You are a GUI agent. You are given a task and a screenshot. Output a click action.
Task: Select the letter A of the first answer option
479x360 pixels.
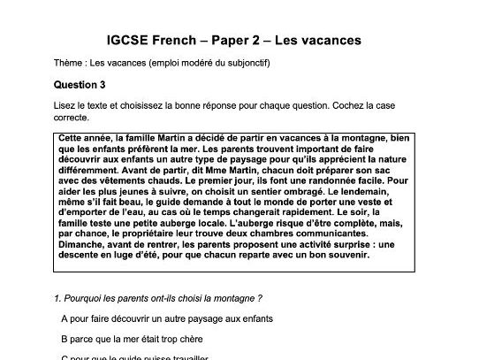pos(65,318)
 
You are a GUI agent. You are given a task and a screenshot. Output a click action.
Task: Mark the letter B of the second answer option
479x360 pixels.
pos(65,338)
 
